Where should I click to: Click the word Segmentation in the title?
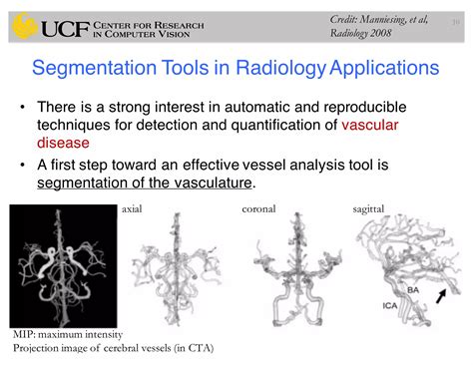pyautogui.click(x=94, y=70)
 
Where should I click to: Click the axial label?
pyautogui.click(x=132, y=209)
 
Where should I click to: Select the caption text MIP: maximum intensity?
pyautogui.click(x=68, y=333)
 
